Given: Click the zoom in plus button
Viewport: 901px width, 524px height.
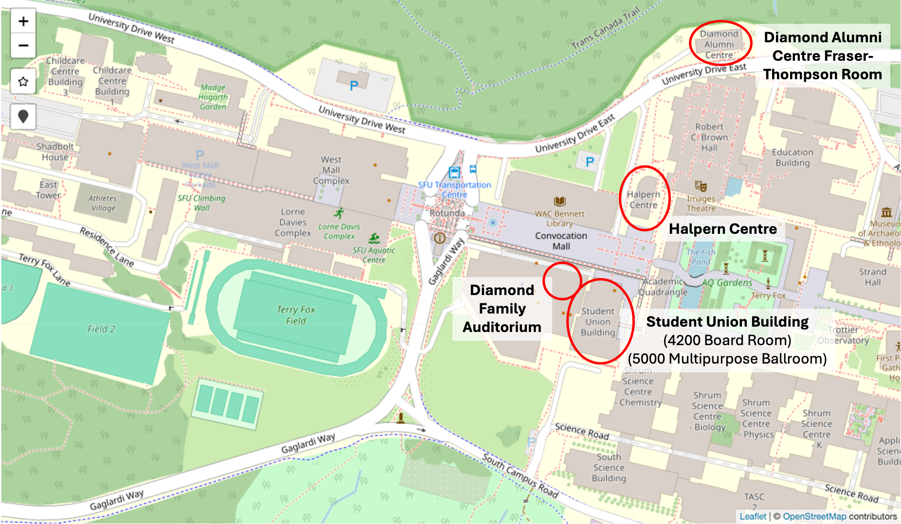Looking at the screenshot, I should click(23, 21).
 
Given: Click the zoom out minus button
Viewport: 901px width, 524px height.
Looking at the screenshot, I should click(23, 46).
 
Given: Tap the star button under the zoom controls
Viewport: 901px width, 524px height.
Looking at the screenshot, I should click(23, 81).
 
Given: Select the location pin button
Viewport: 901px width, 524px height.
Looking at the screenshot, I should click(23, 117).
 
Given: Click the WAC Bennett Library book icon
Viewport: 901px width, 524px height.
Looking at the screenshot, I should click(559, 201).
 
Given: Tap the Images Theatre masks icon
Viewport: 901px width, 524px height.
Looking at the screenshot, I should click(701, 186).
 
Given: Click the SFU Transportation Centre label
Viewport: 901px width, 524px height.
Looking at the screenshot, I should click(454, 190).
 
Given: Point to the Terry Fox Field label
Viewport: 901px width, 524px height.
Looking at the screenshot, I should click(296, 315).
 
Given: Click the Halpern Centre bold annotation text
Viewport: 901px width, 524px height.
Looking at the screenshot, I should click(722, 229).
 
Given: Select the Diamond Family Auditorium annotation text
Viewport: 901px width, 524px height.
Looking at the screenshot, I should click(502, 309).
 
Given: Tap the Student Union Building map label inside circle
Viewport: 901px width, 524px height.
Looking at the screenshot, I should click(598, 322).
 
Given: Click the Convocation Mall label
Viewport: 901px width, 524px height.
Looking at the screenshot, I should click(561, 241).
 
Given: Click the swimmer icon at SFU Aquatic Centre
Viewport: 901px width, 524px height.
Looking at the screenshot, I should click(374, 238).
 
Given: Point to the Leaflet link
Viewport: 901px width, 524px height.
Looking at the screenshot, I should click(753, 516).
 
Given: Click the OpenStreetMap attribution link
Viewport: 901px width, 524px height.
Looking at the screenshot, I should click(814, 516).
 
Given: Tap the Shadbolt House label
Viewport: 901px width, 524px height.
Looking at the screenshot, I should click(55, 152).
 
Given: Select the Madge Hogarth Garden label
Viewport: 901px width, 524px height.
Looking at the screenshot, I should click(213, 97).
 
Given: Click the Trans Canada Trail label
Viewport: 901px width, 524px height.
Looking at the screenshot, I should click(605, 28).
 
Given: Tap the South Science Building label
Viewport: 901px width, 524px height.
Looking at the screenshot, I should click(609, 468).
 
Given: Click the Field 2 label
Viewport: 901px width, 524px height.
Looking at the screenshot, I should click(101, 329).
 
